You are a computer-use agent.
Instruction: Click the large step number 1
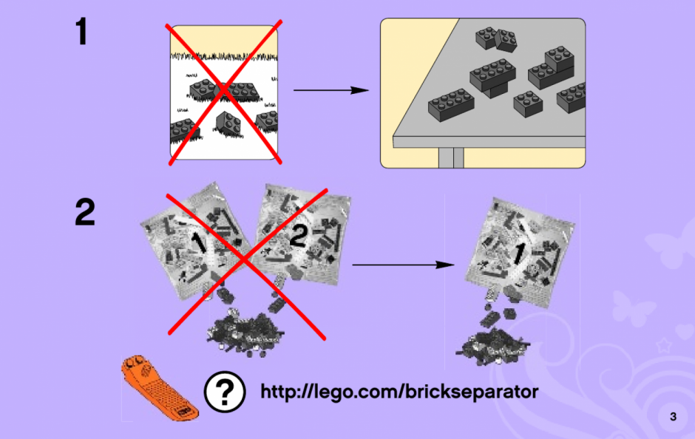coord(81,31)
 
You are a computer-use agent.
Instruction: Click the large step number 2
coord(85,212)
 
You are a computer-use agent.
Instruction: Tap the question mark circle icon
coord(225,392)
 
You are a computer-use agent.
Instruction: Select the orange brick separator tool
coord(159,387)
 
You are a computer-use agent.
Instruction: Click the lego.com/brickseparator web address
coord(399,392)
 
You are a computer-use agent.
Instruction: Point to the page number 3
coord(674,416)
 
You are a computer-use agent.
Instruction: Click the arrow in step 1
coord(331,90)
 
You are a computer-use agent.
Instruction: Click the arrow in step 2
coord(404,265)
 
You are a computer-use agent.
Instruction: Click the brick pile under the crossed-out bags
coord(245,333)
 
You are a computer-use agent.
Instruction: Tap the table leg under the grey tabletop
coord(451,157)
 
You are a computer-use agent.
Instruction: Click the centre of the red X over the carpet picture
coord(224,91)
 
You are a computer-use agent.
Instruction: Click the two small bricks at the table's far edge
coord(496,39)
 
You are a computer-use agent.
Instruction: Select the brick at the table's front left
coord(451,104)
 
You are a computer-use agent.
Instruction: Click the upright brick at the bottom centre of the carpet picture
coord(228,123)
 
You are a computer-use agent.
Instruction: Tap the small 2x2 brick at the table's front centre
coord(528,104)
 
